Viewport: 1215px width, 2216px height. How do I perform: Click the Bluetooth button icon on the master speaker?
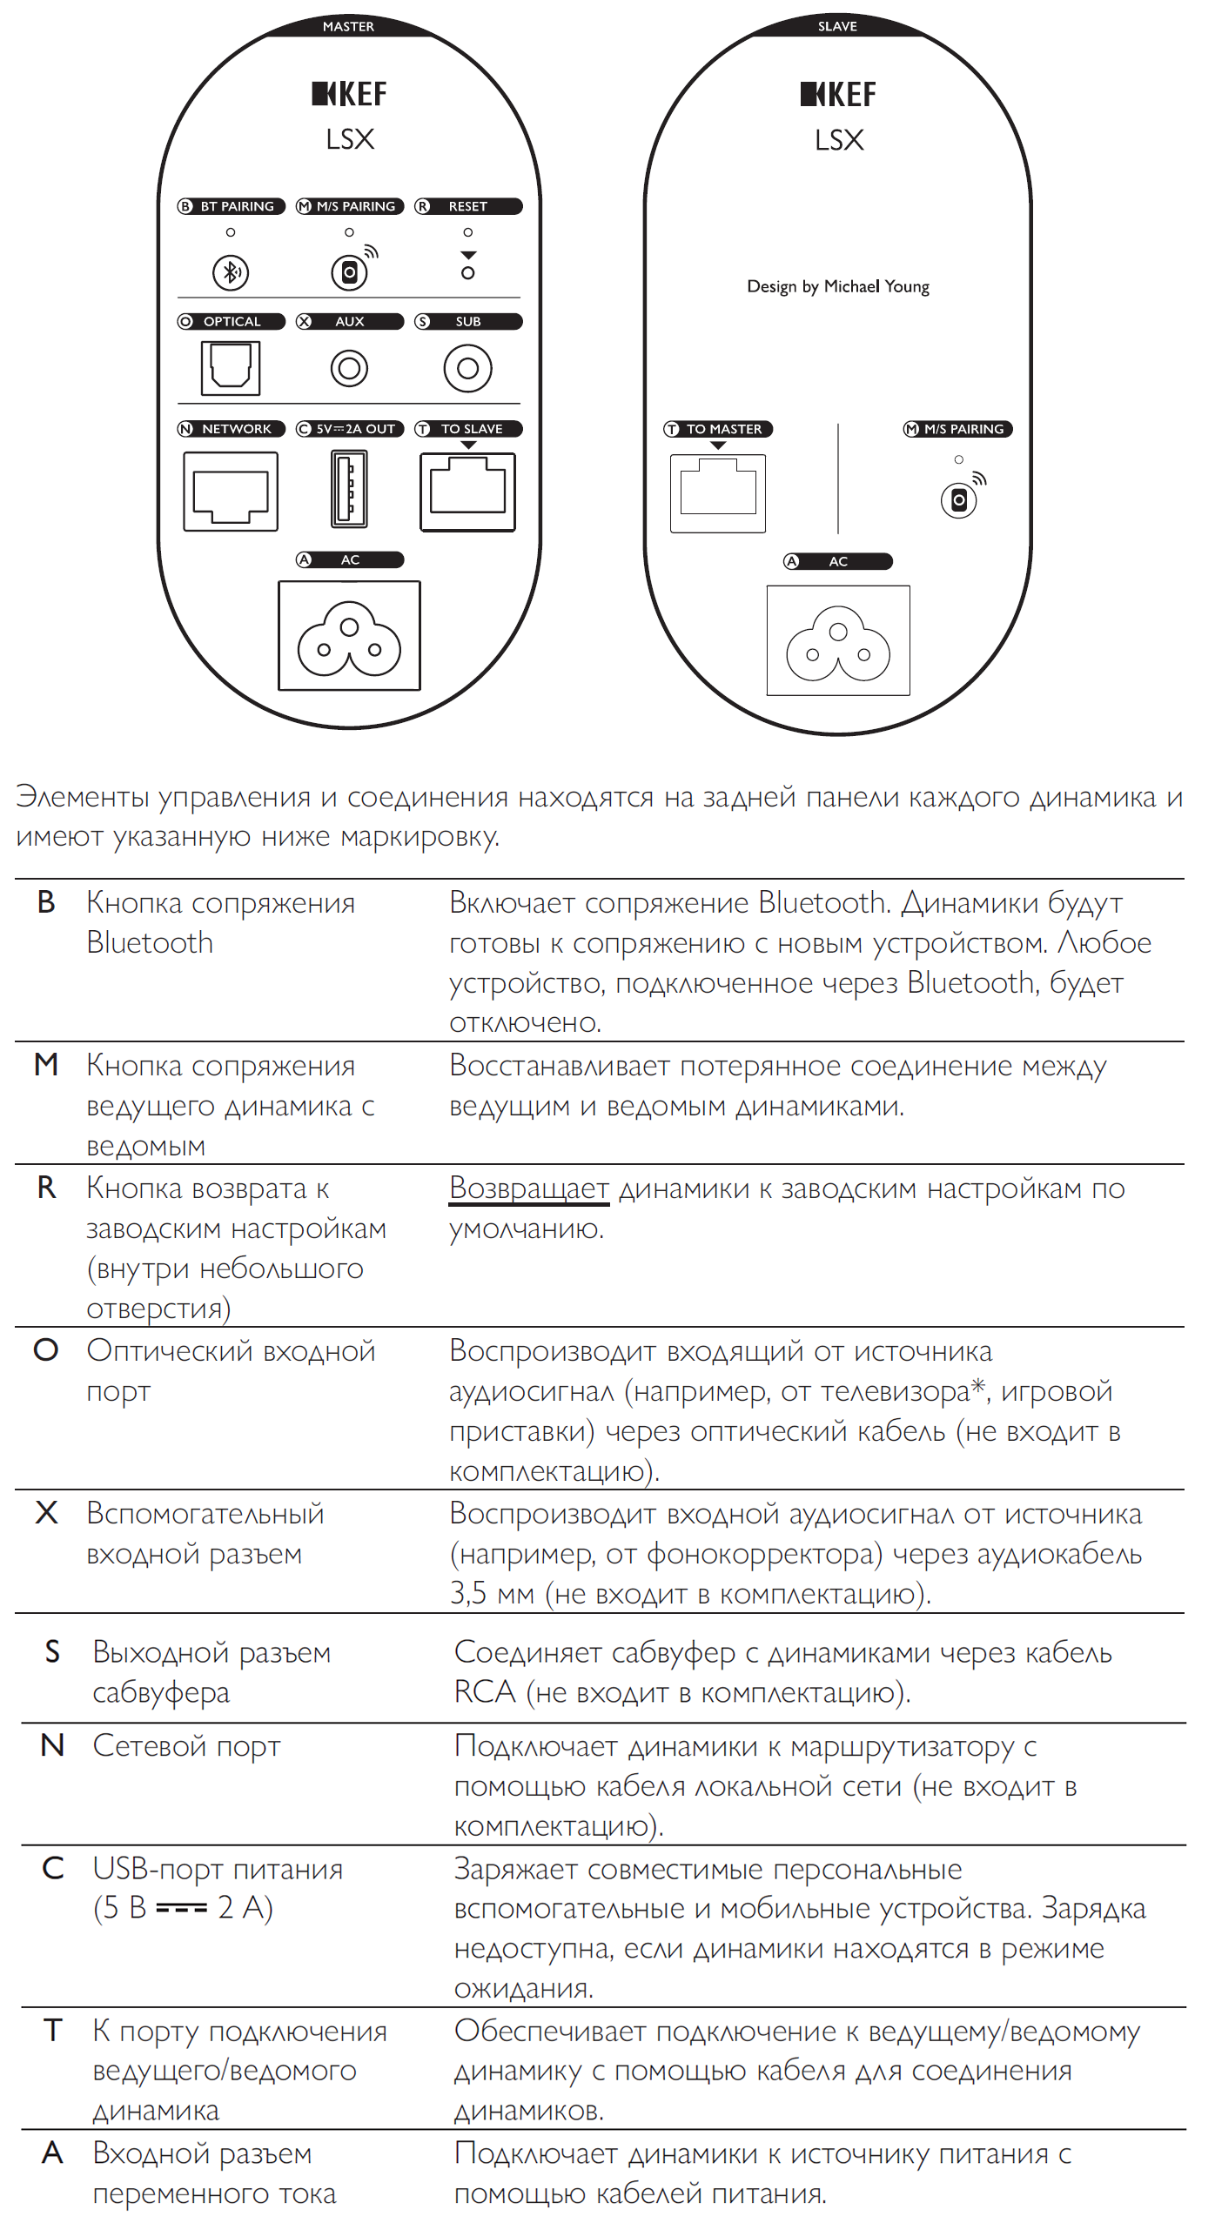231,272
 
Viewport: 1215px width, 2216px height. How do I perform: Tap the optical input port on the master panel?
231,367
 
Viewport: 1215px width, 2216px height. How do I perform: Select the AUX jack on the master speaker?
349,368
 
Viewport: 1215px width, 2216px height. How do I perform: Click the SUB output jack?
467,368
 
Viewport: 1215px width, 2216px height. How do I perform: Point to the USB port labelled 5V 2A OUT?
349,489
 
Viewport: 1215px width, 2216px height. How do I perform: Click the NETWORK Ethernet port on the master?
231,492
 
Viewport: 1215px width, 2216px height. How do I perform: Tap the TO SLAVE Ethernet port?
467,492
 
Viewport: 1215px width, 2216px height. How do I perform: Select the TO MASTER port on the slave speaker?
718,493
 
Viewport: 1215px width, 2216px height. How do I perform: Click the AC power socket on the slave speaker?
838,641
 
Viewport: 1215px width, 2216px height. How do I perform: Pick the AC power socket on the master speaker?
349,636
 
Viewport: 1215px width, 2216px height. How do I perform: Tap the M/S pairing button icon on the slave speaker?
958,500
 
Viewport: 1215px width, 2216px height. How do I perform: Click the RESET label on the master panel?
468,206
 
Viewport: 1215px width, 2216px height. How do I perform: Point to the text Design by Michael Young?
838,286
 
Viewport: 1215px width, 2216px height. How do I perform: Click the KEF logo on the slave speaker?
838,94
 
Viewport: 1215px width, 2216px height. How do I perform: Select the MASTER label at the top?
348,26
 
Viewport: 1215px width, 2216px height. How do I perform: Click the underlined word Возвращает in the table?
528,1188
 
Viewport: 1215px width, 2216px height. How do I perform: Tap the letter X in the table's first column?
46,1513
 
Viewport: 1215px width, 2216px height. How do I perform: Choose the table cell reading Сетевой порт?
186,1746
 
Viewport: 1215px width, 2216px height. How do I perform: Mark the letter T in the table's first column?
52,2031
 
